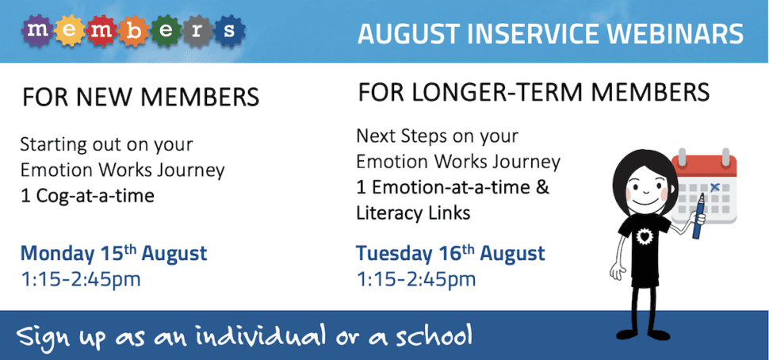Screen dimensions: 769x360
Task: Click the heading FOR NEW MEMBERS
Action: click(x=141, y=97)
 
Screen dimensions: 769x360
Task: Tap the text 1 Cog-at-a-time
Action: click(x=87, y=196)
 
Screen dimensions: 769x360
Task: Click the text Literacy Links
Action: click(x=413, y=213)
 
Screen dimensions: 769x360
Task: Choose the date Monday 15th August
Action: click(x=114, y=254)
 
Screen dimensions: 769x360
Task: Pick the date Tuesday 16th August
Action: click(x=450, y=254)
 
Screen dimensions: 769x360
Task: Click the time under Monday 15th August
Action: click(x=80, y=279)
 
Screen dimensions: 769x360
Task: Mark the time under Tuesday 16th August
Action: click(x=416, y=279)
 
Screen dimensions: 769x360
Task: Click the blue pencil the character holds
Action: click(x=698, y=216)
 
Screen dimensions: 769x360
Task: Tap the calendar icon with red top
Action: click(x=704, y=186)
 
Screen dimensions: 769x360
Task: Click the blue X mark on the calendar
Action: click(x=714, y=186)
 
